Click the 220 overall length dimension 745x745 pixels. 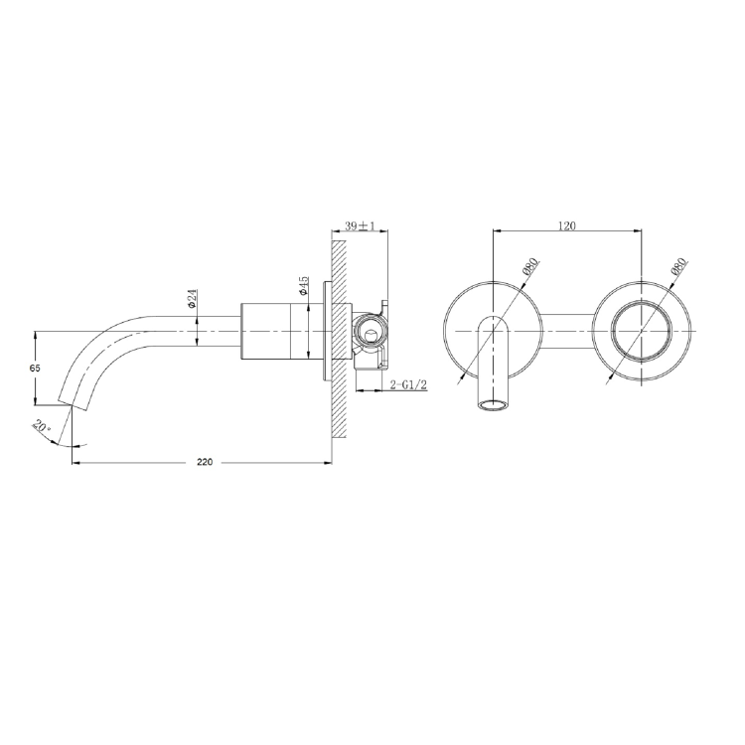(205, 463)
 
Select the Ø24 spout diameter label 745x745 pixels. (192, 298)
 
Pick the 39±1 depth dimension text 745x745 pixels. (358, 227)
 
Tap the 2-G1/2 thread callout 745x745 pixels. (408, 384)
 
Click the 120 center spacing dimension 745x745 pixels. (566, 226)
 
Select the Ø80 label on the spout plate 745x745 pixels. (529, 269)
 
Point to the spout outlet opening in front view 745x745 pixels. (492, 405)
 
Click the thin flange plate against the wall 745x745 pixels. (325, 328)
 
